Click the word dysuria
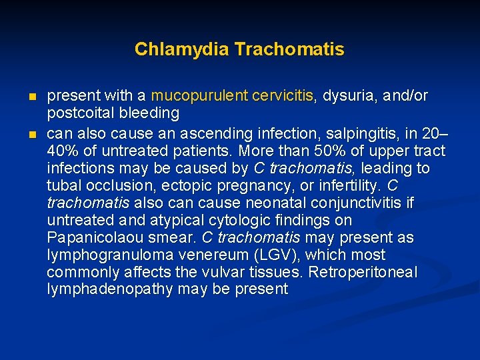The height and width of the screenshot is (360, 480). (x=348, y=96)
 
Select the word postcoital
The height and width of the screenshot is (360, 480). (x=79, y=113)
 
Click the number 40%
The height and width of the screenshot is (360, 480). (x=61, y=149)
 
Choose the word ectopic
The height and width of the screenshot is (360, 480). (x=190, y=185)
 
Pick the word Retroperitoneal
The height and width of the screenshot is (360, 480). (x=380, y=273)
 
